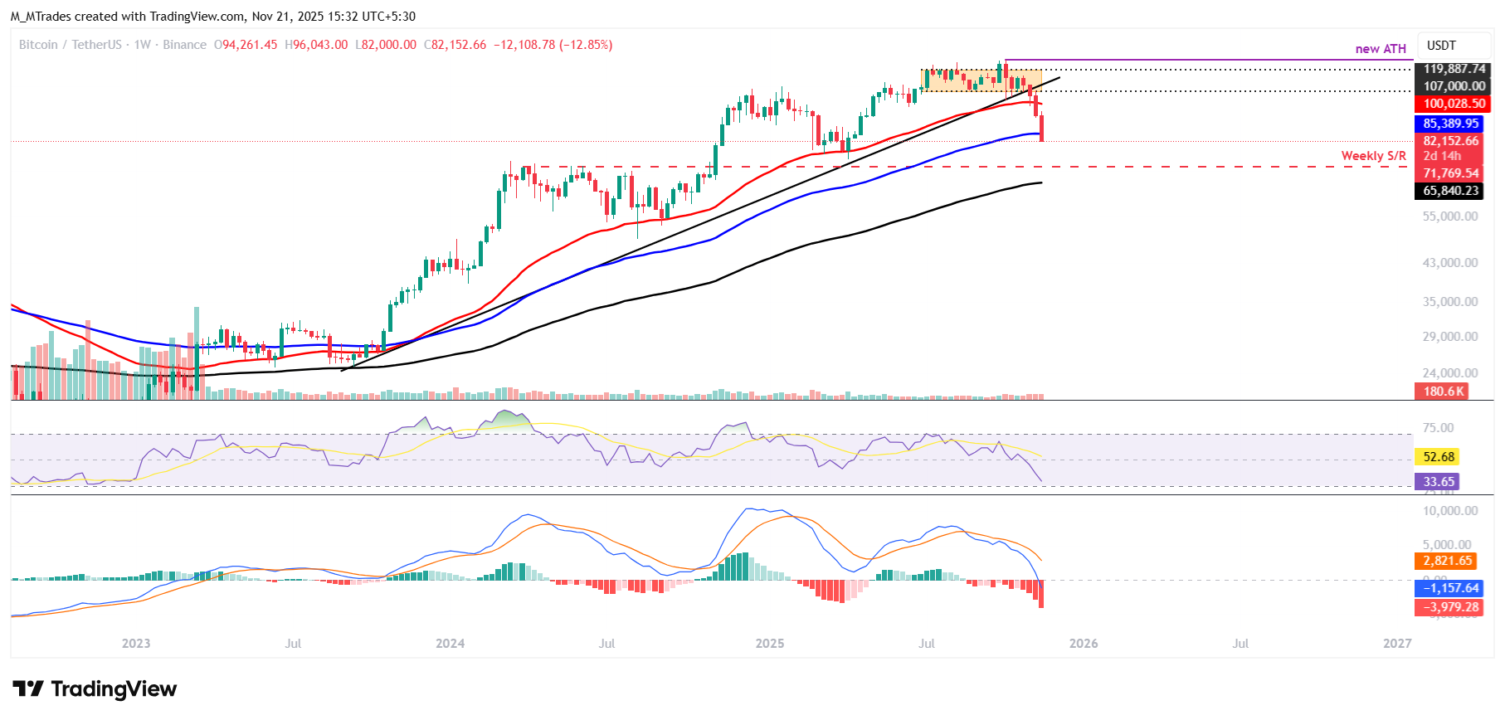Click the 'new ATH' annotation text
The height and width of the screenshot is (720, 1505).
tap(1381, 49)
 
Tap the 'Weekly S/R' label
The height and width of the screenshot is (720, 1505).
tap(1374, 156)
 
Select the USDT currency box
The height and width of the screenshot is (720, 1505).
tap(1442, 46)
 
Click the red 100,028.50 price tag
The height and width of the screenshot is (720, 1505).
tap(1454, 104)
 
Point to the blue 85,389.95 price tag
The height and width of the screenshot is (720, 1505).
tap(1450, 124)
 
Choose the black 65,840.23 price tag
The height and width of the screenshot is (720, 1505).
tap(1450, 191)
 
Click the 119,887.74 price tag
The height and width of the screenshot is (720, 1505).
tap(1454, 69)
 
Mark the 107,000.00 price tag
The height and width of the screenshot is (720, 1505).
tap(1454, 86)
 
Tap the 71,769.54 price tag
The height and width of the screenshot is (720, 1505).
tap(1450, 173)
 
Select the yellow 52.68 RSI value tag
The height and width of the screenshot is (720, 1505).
tap(1439, 457)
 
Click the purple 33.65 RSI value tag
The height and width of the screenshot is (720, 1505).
tap(1439, 482)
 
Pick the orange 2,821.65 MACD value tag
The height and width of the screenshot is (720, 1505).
tap(1447, 561)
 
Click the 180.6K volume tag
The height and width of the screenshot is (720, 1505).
tap(1444, 392)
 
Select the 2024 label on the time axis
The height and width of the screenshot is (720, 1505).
tap(451, 644)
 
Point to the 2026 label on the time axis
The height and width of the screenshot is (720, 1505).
tap(1084, 644)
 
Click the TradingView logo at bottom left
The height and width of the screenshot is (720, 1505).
tap(95, 689)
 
